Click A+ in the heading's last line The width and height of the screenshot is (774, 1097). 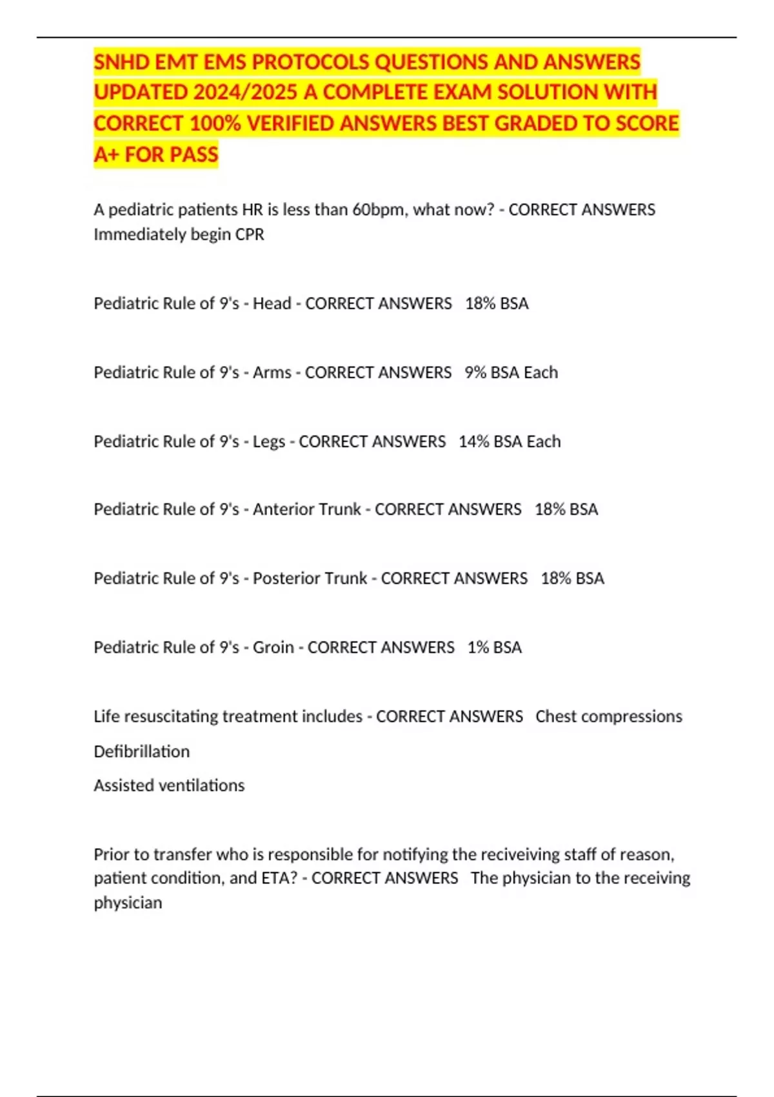pos(106,154)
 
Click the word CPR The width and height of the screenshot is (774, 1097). pos(250,234)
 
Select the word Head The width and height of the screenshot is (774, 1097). pos(272,303)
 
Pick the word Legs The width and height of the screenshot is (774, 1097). pos(268,441)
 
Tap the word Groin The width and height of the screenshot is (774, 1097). pos(273,647)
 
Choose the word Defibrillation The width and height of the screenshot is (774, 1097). pos(141,751)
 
